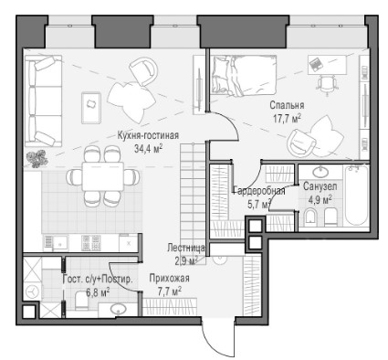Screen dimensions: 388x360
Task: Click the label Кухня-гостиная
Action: point(148,135)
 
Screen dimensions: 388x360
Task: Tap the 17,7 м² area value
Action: point(287,118)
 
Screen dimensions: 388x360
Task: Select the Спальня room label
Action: point(287,105)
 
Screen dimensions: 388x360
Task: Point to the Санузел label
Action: point(320,186)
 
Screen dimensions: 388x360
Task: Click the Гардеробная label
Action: point(259,191)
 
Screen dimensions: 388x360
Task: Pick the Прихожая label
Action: point(169,278)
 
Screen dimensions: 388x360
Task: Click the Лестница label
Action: point(186,248)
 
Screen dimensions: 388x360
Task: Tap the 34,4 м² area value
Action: point(148,148)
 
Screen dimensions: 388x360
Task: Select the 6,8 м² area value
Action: point(98,292)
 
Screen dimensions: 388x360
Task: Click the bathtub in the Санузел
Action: point(357,195)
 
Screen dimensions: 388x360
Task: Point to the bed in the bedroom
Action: point(244,75)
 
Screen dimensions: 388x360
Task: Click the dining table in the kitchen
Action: point(103,176)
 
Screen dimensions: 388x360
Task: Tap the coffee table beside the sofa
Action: point(91,108)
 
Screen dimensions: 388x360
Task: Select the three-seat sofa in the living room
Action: point(43,101)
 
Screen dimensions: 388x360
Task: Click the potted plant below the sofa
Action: point(37,158)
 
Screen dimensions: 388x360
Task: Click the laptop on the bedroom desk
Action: point(315,64)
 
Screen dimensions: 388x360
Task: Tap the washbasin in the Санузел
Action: point(320,172)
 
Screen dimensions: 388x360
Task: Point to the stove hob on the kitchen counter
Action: point(91,242)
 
